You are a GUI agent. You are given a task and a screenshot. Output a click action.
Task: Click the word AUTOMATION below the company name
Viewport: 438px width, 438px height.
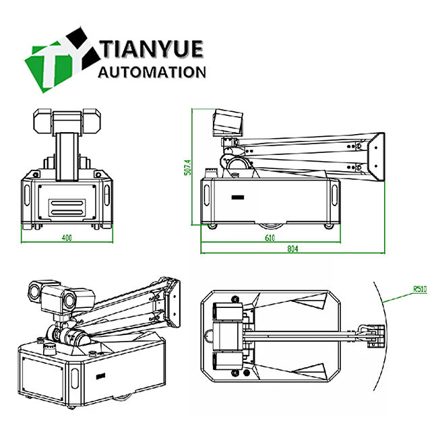click(x=152, y=72)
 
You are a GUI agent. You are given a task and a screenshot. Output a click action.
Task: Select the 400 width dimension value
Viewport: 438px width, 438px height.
click(x=67, y=237)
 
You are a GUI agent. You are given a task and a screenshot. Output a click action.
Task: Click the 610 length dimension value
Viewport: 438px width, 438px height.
click(x=270, y=238)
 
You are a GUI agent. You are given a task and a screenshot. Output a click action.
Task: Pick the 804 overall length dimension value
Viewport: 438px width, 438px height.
click(x=292, y=249)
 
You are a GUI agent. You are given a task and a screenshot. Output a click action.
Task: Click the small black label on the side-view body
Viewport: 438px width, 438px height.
click(x=237, y=198)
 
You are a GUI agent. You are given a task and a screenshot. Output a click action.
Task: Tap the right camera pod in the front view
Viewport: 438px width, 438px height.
click(x=93, y=121)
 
